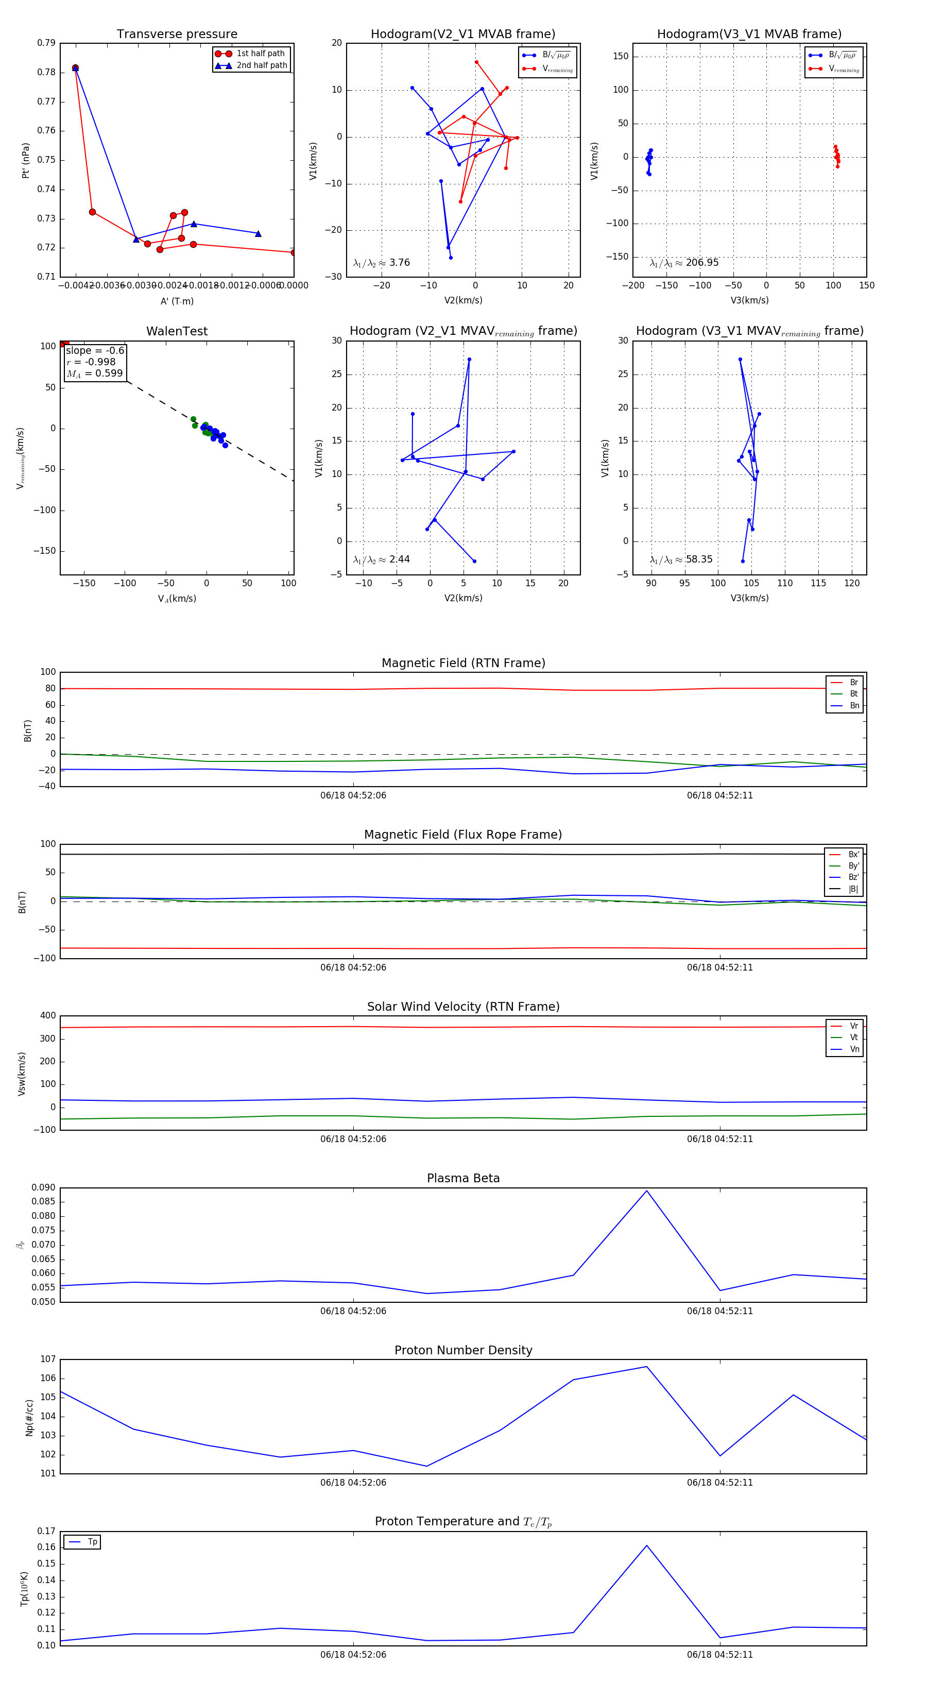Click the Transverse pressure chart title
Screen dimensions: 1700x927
pyautogui.click(x=177, y=35)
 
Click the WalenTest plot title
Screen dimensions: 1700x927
pyautogui.click(x=177, y=331)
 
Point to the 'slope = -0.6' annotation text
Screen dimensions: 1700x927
pyautogui.click(x=95, y=350)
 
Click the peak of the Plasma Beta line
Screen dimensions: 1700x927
pyautogui.click(x=647, y=1191)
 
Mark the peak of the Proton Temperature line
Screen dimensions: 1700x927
pyautogui.click(x=647, y=1545)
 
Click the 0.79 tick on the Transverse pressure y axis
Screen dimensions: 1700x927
pyautogui.click(x=46, y=43)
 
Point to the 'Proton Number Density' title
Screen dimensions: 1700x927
pyautogui.click(x=463, y=1350)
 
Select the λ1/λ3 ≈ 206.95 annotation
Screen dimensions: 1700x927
pyautogui.click(x=684, y=263)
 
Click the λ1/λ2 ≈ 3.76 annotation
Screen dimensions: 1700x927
pyautogui.click(x=381, y=263)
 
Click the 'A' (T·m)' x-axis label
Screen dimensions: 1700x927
pyautogui.click(x=177, y=301)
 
